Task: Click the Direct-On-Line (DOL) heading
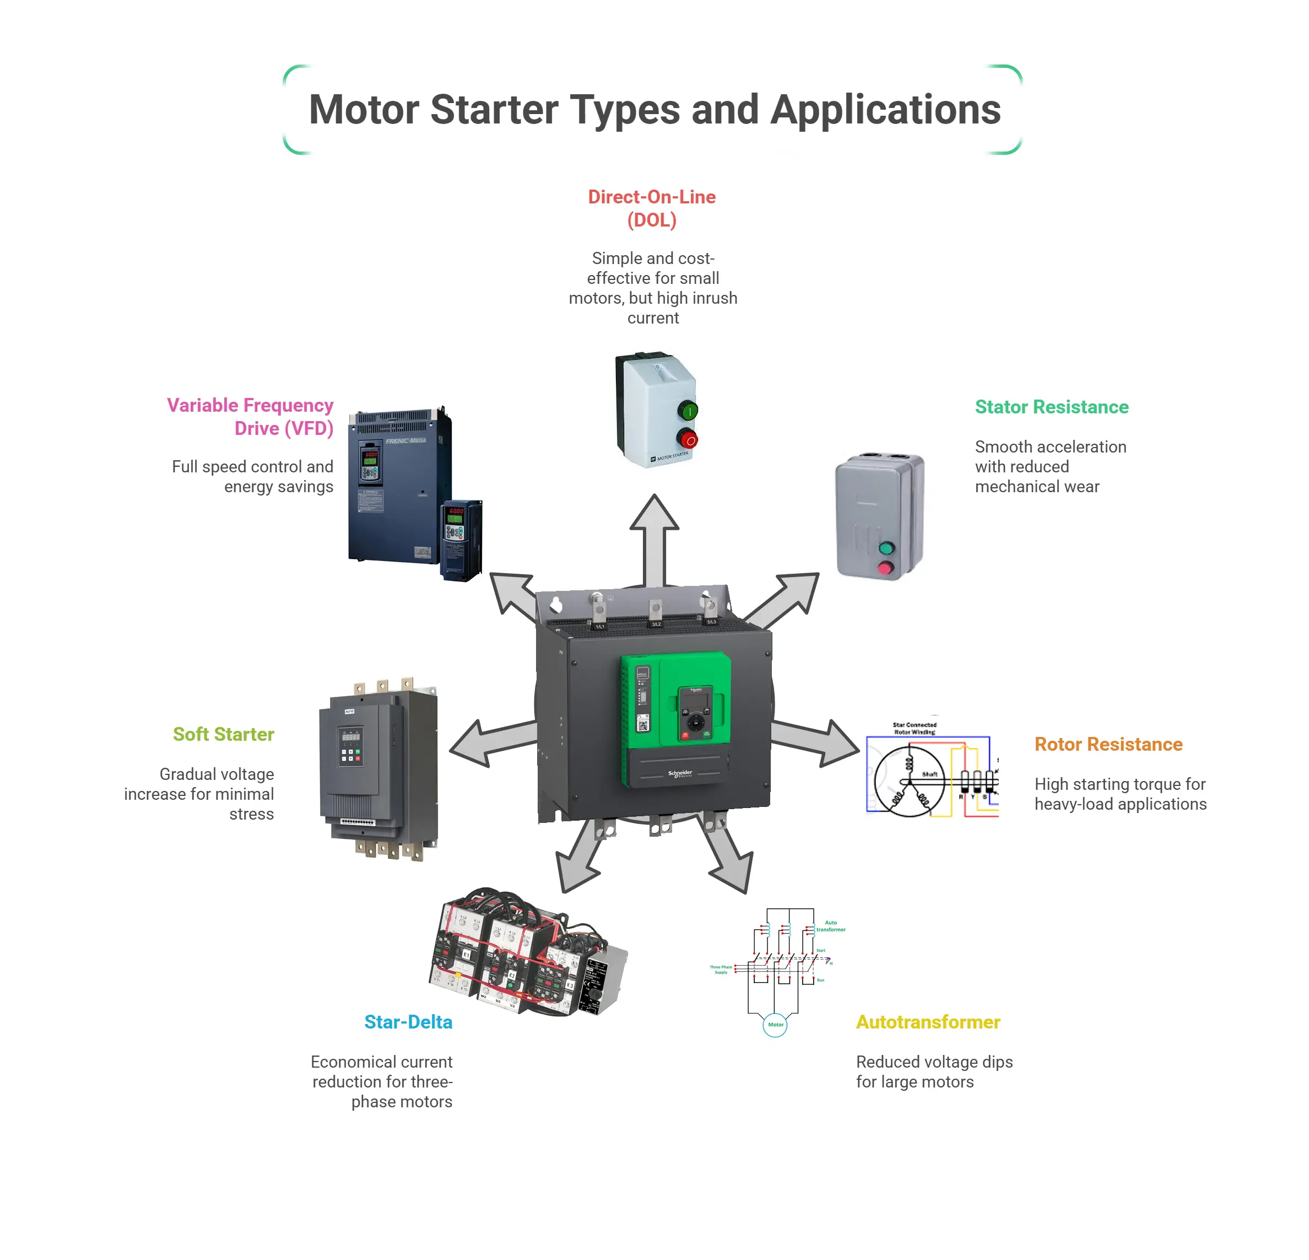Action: point(651,208)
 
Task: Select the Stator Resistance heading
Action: point(1051,407)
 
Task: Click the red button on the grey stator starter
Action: point(885,568)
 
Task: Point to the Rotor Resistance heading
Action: point(1108,744)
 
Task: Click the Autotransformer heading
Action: point(928,1022)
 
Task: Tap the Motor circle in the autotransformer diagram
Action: point(775,1024)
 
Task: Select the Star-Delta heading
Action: point(408,1022)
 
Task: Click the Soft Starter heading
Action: point(223,734)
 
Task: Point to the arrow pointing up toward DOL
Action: point(654,535)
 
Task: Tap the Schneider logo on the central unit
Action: point(680,774)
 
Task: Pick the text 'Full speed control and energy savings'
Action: point(252,476)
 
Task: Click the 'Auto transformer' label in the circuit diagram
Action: point(830,926)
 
